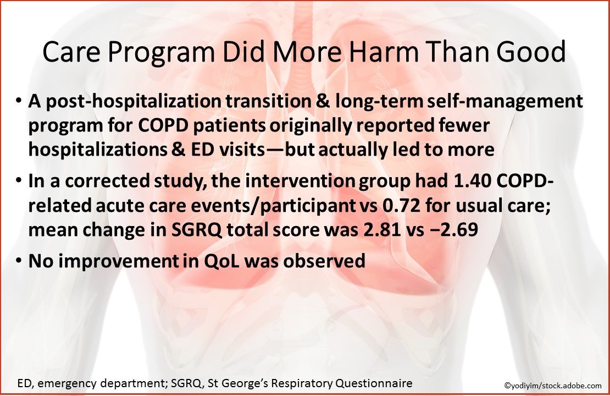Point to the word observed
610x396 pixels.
(327, 261)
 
